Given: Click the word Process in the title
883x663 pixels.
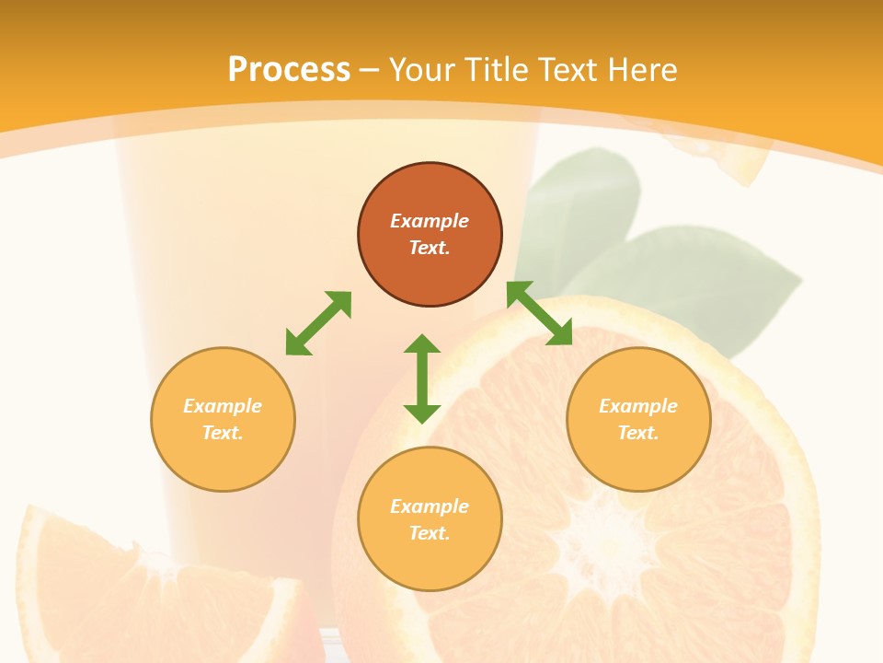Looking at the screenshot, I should (289, 70).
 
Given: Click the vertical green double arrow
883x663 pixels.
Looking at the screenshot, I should (422, 378).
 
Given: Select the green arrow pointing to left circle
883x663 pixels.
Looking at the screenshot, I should (318, 323).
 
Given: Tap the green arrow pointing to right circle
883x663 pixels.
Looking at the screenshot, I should (539, 313).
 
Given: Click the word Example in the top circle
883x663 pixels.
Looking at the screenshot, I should (430, 221).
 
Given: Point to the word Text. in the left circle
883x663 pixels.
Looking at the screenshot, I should (223, 433).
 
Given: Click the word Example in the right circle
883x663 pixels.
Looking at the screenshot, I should (638, 406).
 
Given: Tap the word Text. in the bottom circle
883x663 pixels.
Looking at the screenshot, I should (430, 533).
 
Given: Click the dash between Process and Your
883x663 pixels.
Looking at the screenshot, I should (370, 70).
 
